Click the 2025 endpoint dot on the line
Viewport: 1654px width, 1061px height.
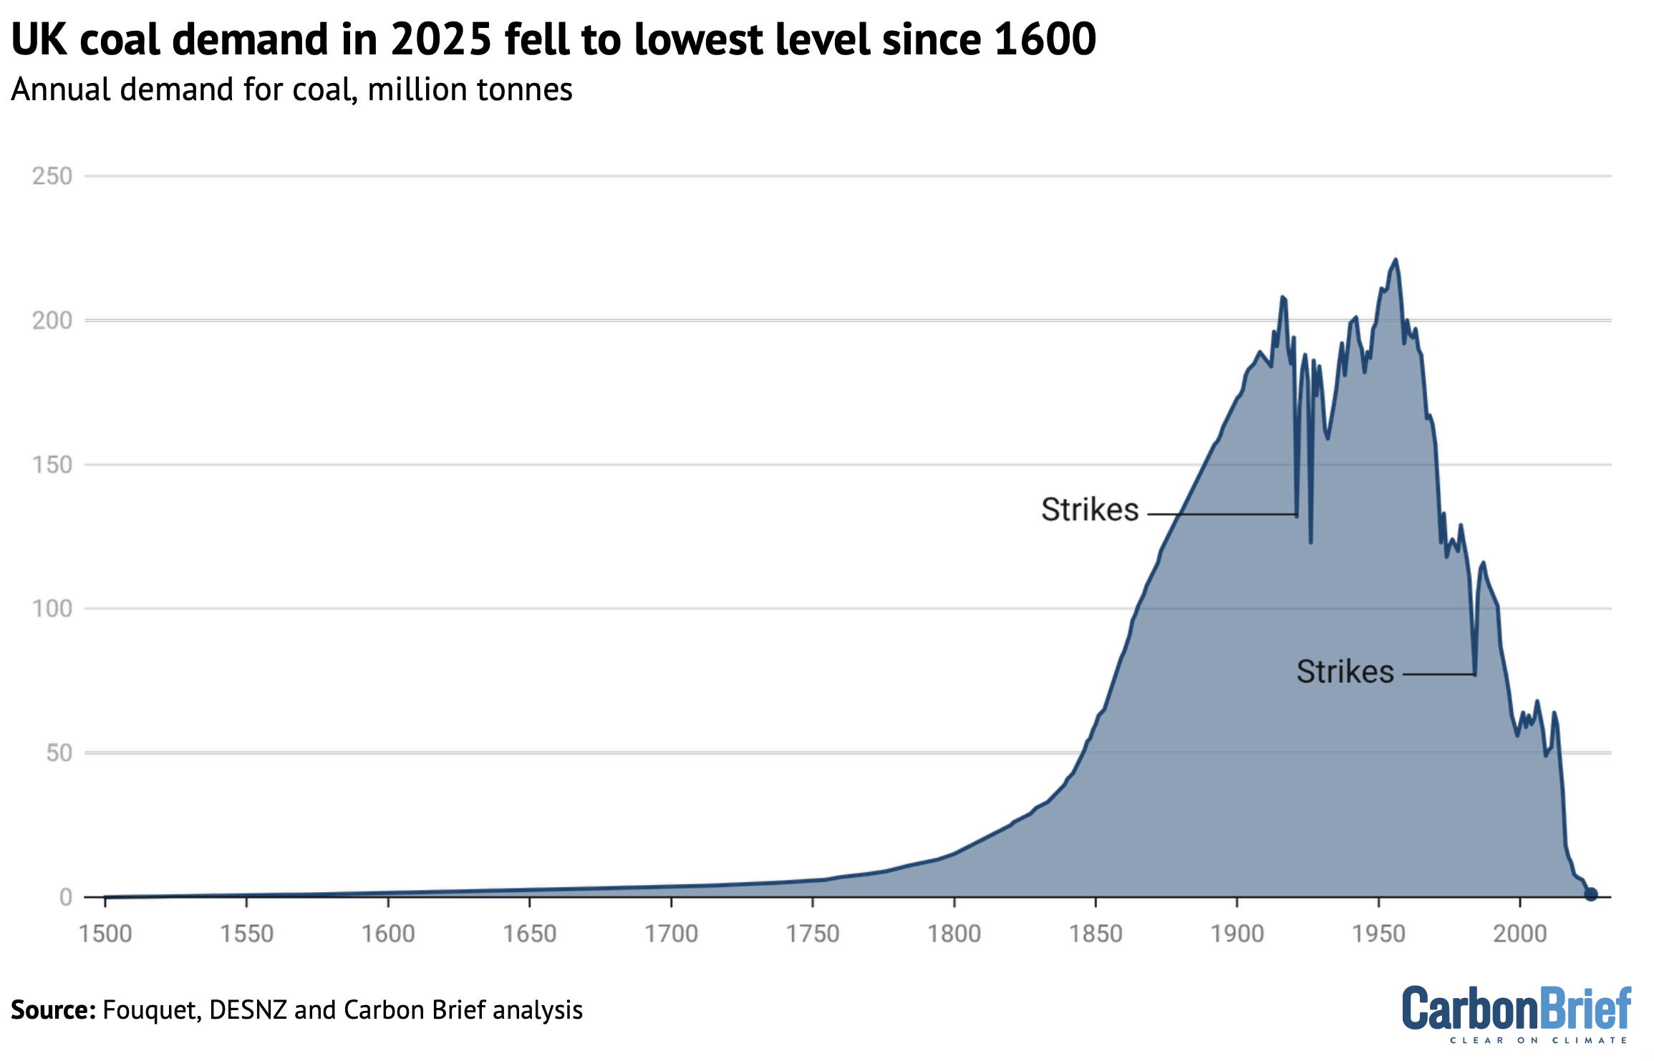(x=1590, y=894)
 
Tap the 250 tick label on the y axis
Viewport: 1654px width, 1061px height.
(x=52, y=176)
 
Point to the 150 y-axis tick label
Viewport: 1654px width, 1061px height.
(x=52, y=465)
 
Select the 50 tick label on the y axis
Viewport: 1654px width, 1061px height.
(x=59, y=753)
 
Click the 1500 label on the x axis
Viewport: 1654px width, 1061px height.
(x=105, y=934)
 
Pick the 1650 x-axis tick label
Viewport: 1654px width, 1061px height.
(x=529, y=934)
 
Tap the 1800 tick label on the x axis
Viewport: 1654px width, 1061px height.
(x=954, y=934)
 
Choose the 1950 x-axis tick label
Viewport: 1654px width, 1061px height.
(x=1378, y=934)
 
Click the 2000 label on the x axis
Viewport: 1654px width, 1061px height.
(x=1519, y=934)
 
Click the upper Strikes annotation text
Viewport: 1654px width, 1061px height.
(x=1089, y=510)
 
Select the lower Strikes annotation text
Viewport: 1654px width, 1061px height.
(x=1345, y=672)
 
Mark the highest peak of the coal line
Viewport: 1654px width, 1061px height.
(x=1395, y=260)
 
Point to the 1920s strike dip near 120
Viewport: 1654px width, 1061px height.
(x=1310, y=541)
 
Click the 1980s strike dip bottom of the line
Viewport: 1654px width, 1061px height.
(x=1474, y=673)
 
